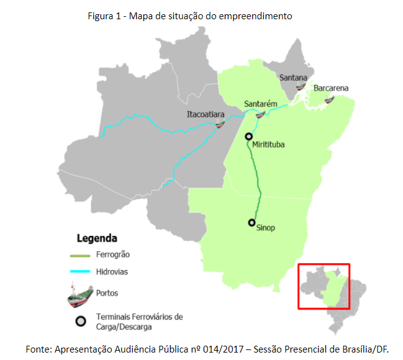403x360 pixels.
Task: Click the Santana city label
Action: tap(293, 78)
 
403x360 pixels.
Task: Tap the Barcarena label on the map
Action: tap(330, 88)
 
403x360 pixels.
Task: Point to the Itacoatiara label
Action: tap(206, 114)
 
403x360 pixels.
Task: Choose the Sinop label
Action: tap(265, 228)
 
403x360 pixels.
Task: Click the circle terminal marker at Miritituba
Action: tap(248, 137)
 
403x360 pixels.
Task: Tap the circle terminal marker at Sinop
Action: tap(251, 222)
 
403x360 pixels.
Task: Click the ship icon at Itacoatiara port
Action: tap(220, 125)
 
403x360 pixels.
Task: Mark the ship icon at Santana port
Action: tap(301, 88)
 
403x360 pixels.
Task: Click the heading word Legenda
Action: tap(97, 238)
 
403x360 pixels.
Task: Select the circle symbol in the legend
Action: tap(80, 321)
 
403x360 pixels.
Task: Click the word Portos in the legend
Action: tap(107, 293)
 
